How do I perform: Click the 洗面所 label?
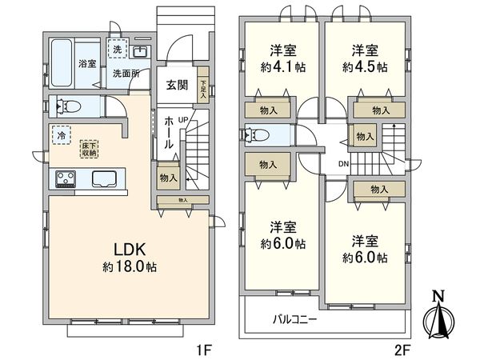[125, 74]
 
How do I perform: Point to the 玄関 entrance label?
[177, 85]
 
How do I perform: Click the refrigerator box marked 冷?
[61, 136]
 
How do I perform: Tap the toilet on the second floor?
[260, 136]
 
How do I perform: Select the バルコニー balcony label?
[295, 319]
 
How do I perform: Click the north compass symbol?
[438, 320]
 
